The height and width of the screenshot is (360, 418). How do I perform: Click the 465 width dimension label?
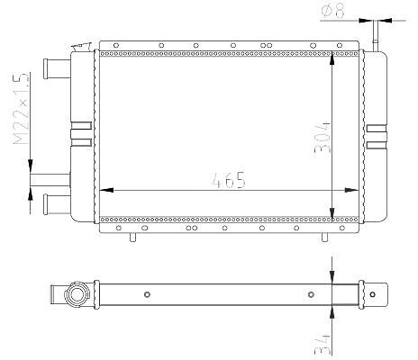tap(229, 180)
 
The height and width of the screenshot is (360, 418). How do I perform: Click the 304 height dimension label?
tap(323, 138)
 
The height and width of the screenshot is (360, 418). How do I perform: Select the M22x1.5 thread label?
tap(21, 109)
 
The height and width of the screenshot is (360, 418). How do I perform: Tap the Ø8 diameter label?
tap(333, 10)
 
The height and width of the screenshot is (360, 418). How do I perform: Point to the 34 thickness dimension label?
tap(322, 345)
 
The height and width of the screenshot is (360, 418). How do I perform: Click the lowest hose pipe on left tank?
tap(57, 204)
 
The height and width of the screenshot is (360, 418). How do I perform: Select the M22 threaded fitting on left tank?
tap(50, 180)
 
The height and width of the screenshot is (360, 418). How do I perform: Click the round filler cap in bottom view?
tap(77, 294)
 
